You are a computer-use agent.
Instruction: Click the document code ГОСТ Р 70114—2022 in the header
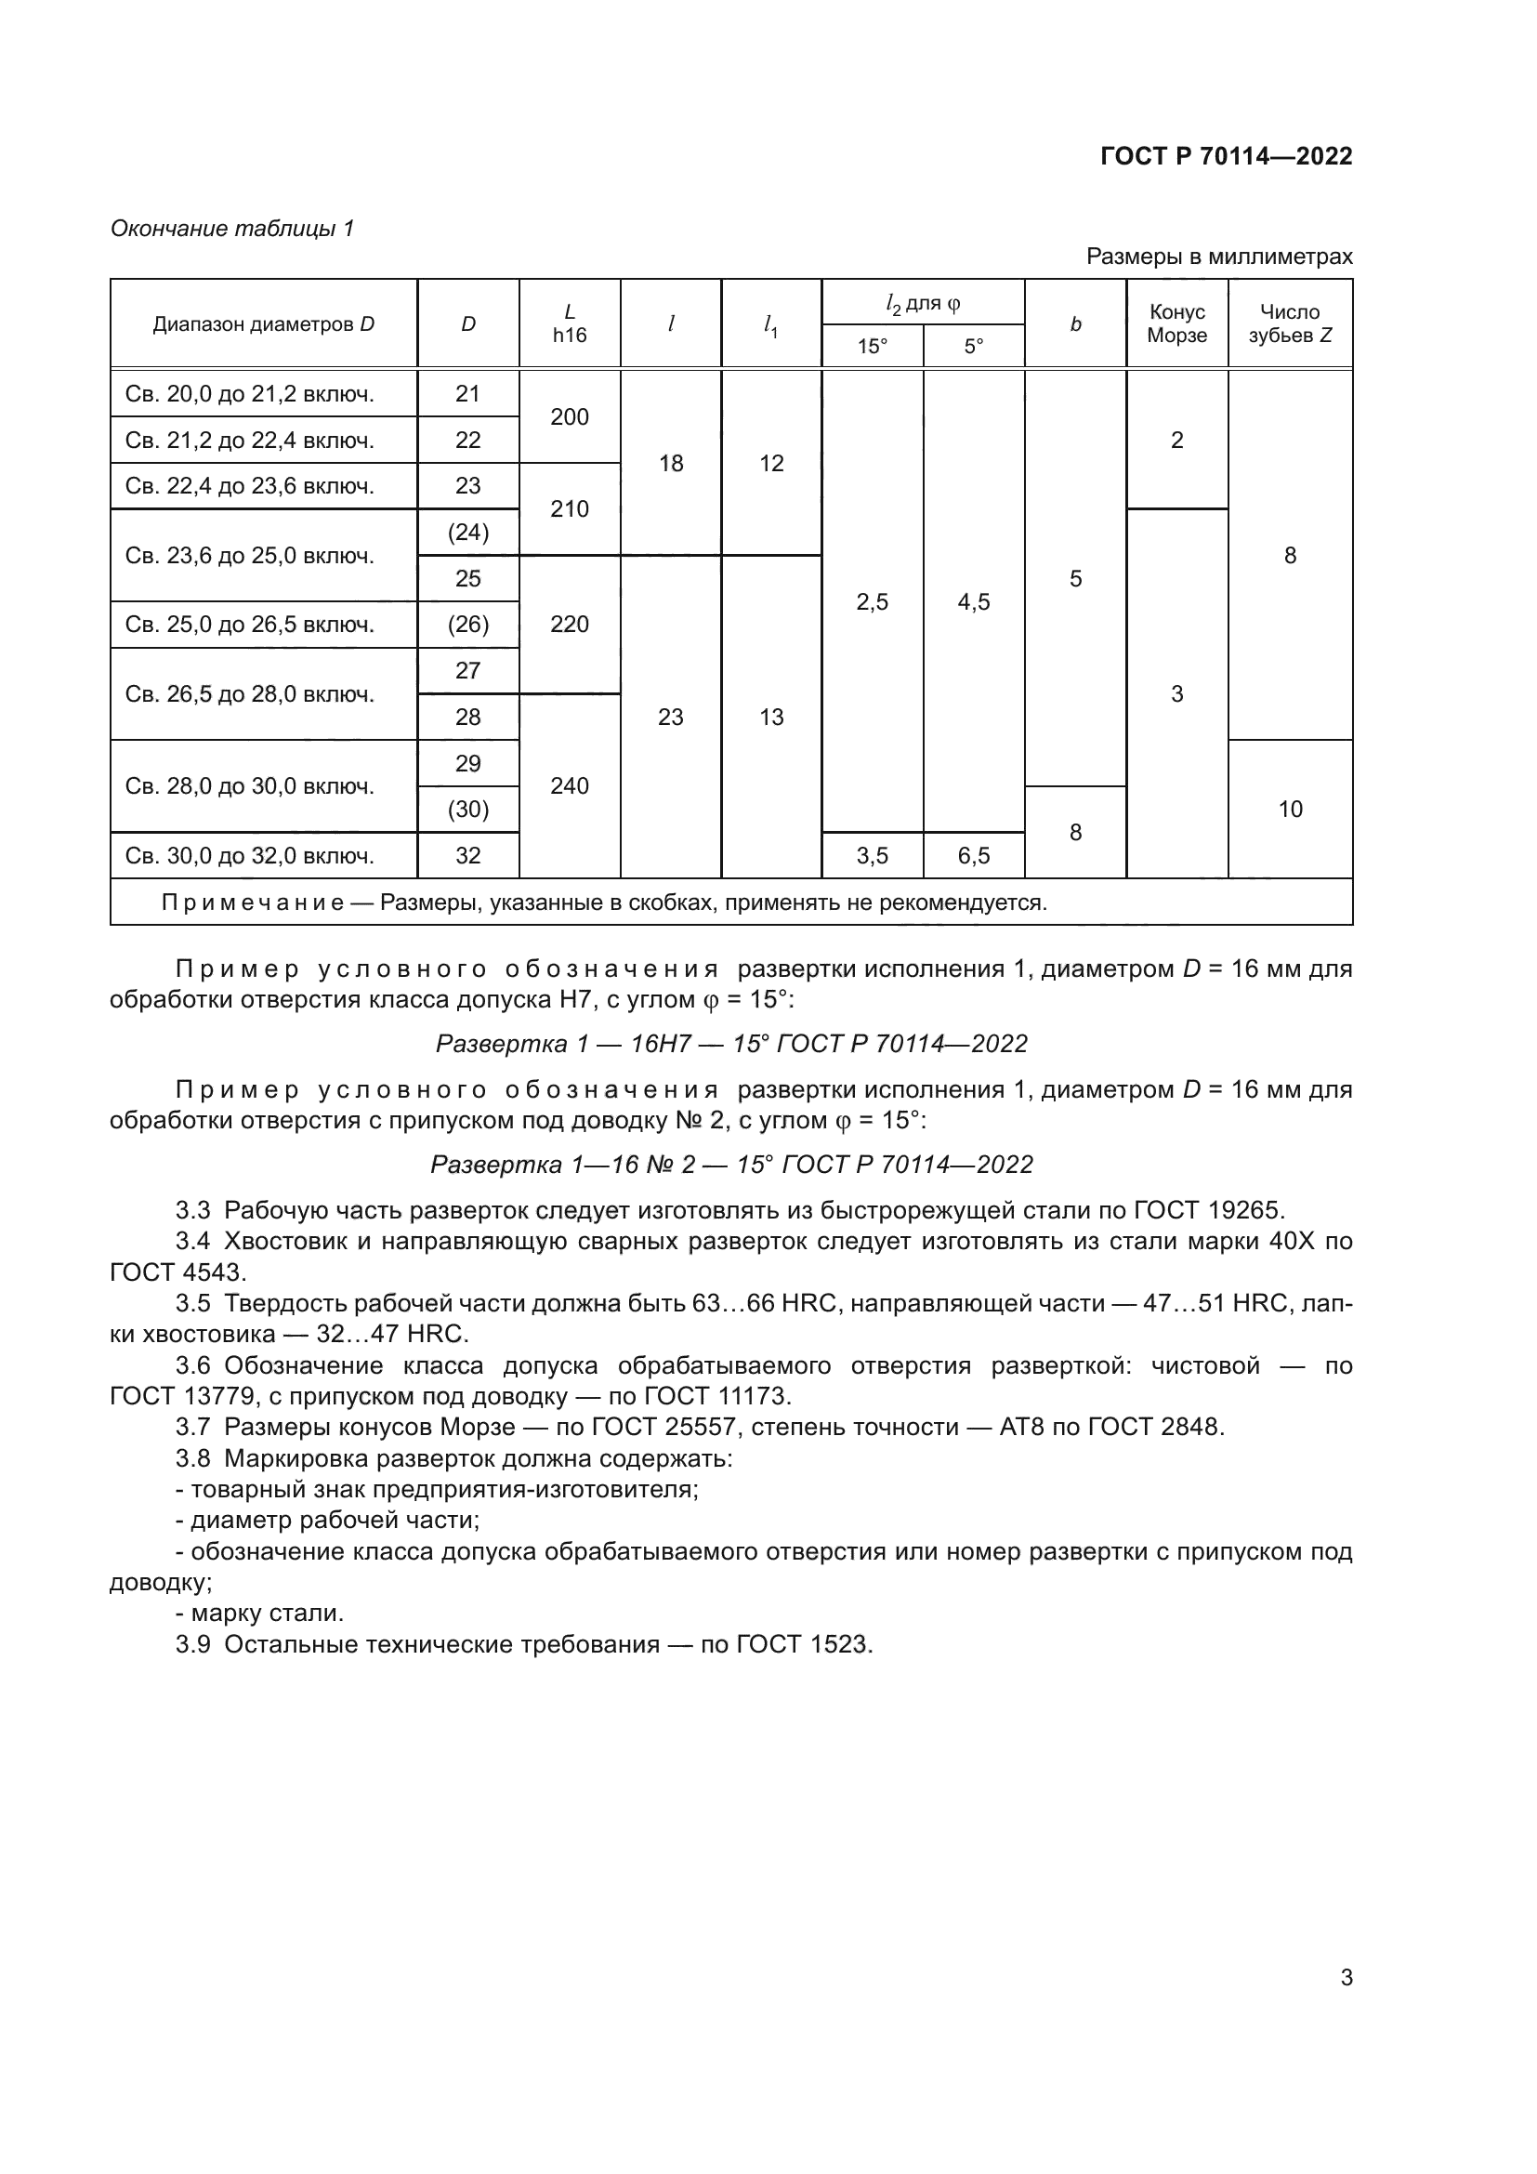point(1226,156)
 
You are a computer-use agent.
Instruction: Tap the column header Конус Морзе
point(1176,323)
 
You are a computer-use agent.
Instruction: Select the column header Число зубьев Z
point(1289,323)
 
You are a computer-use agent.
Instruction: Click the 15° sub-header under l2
point(872,347)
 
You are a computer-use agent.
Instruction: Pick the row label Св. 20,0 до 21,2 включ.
point(250,394)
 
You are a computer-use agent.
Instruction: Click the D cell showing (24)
point(467,533)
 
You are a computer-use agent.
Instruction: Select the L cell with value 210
point(569,509)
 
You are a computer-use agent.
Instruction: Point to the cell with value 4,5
point(973,602)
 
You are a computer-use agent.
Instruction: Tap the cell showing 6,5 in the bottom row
point(973,856)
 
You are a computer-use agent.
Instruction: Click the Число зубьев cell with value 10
point(1289,810)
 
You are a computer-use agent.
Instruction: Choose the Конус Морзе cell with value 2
point(1176,441)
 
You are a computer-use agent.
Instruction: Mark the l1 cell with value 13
point(771,718)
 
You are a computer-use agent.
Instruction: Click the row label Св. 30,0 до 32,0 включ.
point(250,856)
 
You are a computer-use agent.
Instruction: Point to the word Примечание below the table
point(253,903)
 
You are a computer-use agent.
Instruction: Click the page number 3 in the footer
point(1346,1977)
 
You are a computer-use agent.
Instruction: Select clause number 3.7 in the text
point(193,1427)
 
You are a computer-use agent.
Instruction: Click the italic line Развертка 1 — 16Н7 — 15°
point(730,1044)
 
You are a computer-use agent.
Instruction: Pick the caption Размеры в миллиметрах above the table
point(1218,257)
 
